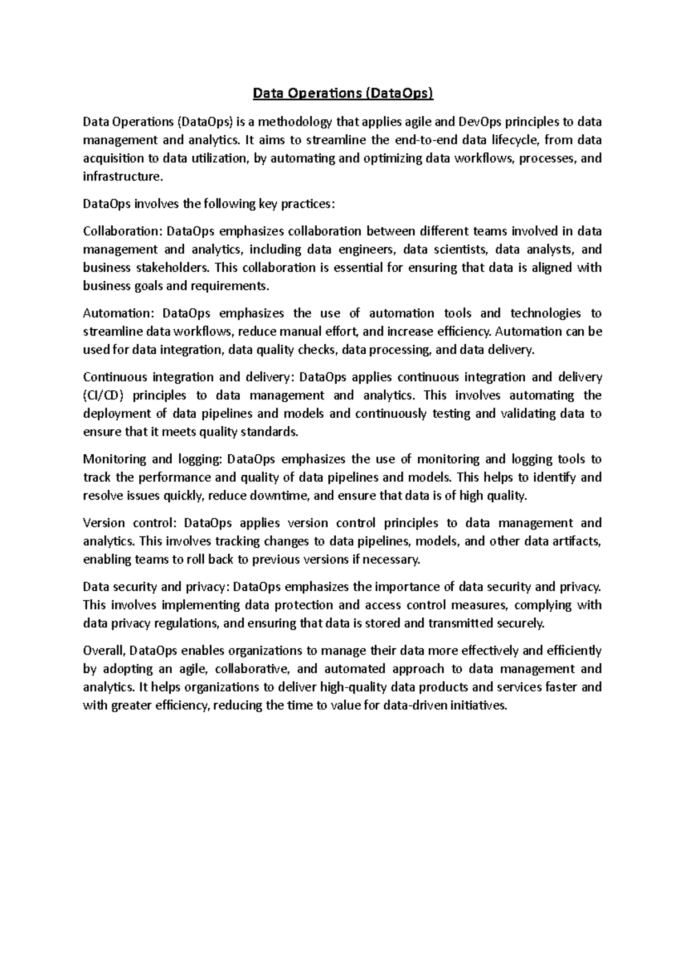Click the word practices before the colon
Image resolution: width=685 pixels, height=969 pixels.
click(306, 204)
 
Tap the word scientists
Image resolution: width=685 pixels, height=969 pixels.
click(456, 249)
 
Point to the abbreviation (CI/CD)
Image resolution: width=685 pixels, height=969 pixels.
click(102, 395)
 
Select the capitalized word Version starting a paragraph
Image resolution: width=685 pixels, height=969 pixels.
click(103, 523)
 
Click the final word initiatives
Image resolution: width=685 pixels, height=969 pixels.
click(478, 706)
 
